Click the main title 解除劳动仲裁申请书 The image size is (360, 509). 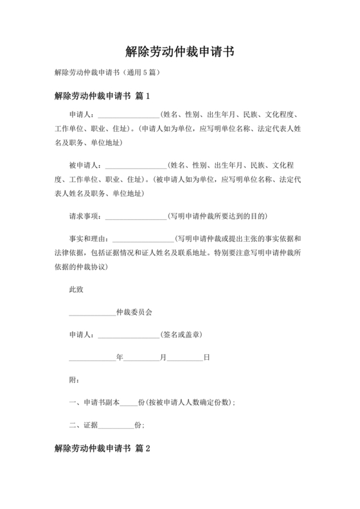point(179,51)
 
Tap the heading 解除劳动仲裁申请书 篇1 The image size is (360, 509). point(102,96)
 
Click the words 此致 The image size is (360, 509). point(76,289)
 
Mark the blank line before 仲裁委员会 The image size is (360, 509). point(92,313)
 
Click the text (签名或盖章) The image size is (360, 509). point(182,335)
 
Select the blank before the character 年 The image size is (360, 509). point(92,358)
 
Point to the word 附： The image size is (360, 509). point(73,380)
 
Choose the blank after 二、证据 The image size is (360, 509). point(116,425)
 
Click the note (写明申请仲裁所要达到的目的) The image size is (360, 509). point(217,215)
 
